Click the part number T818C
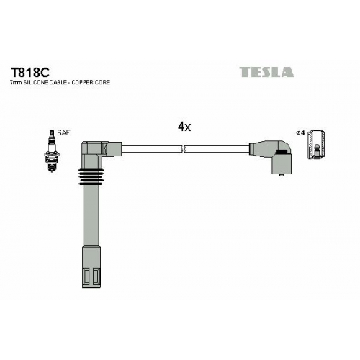click(30, 72)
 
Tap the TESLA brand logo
click(266, 72)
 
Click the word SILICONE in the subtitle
click(35, 82)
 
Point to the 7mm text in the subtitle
click(15, 82)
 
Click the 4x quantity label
click(184, 127)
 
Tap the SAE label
click(63, 132)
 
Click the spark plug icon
click(51, 150)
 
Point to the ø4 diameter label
click(300, 132)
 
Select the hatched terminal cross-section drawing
click(317, 145)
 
